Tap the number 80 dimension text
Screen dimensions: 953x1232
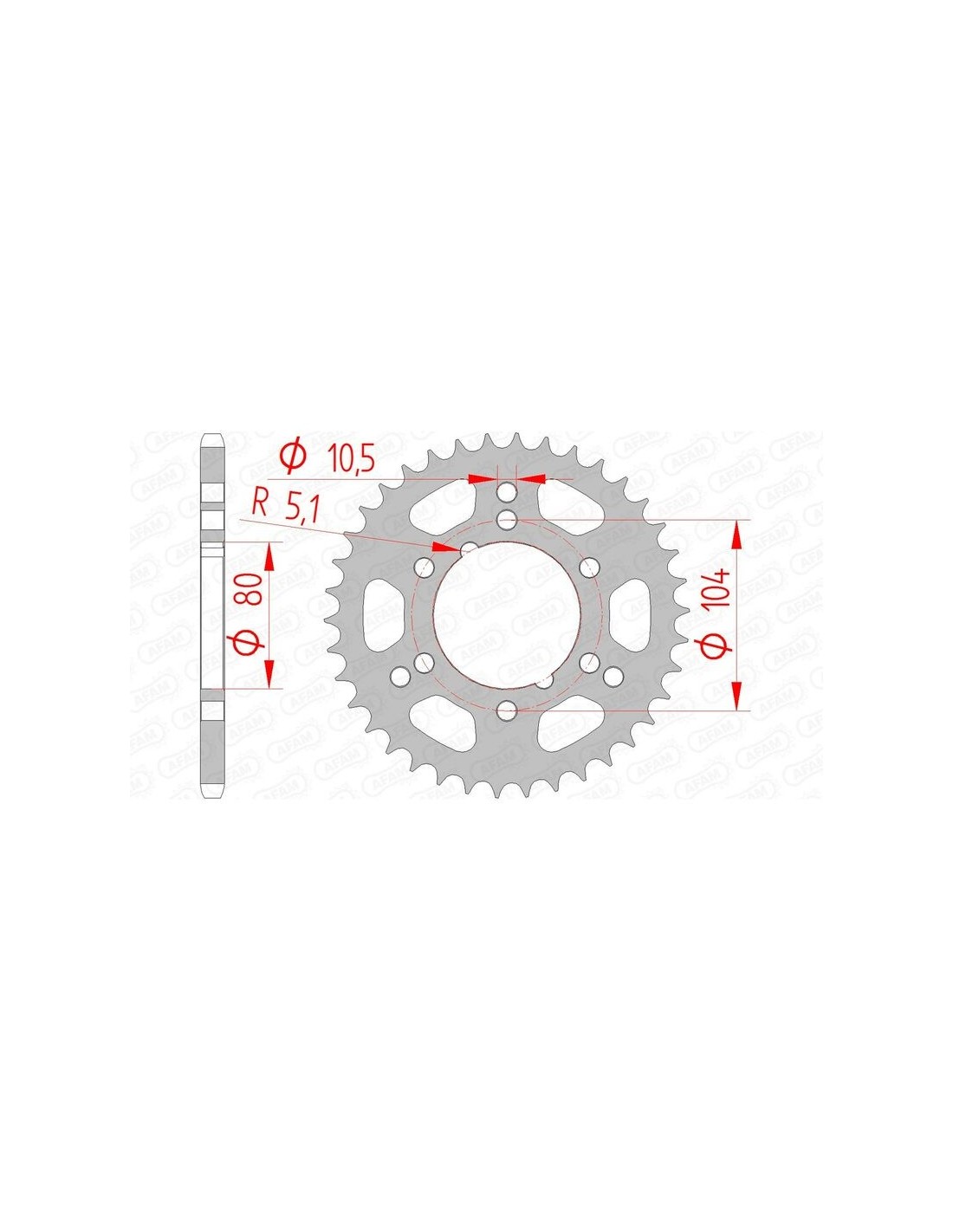[254, 590]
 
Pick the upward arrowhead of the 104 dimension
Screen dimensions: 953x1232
[736, 535]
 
